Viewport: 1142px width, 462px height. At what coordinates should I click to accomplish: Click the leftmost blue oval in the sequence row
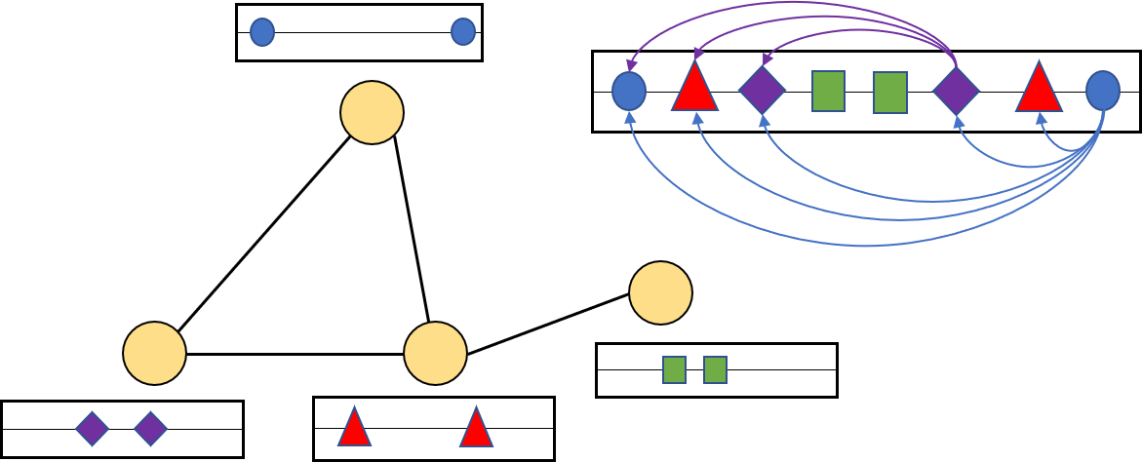tap(629, 91)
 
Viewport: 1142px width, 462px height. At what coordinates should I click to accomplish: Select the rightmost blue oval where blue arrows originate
tap(1102, 91)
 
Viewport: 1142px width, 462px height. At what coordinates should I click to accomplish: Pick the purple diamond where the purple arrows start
tap(956, 91)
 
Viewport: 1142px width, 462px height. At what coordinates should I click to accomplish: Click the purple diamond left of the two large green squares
tap(762, 90)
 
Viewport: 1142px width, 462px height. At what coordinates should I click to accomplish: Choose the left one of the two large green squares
tap(828, 91)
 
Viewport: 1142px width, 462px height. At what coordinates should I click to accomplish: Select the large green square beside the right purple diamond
tap(889, 93)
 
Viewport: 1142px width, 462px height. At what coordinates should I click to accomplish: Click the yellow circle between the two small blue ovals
tap(372, 112)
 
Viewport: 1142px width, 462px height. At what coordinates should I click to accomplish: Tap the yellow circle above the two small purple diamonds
tap(154, 353)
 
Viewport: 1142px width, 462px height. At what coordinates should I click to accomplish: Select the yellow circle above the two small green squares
tap(660, 292)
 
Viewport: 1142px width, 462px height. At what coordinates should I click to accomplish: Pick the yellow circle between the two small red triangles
tap(435, 353)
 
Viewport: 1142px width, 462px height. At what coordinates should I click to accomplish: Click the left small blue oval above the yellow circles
tap(262, 32)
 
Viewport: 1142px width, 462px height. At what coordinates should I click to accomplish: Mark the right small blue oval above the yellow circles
tap(463, 32)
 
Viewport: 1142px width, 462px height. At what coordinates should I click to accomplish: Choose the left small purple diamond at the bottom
tap(92, 428)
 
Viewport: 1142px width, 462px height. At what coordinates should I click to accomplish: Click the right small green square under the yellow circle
tap(715, 369)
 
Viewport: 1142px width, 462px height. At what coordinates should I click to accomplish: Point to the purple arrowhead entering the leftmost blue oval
tap(631, 65)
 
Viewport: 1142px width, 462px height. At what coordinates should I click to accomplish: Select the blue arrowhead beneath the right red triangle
tap(1041, 118)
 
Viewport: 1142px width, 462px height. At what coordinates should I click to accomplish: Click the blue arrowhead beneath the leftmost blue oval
tap(629, 117)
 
